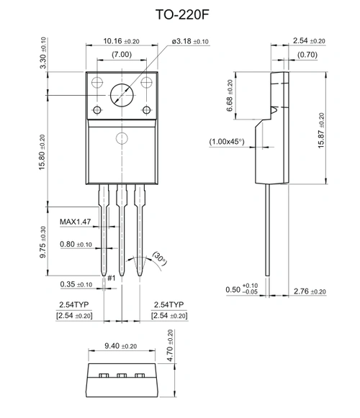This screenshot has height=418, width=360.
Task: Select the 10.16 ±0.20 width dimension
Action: click(121, 41)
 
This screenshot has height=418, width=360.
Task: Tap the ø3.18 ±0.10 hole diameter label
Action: click(190, 41)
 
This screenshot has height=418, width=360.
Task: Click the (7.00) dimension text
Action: click(121, 55)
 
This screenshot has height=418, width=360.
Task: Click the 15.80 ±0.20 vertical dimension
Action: click(41, 158)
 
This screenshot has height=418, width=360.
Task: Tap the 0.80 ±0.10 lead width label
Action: click(76, 245)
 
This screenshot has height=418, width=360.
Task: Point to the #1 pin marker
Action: click(111, 278)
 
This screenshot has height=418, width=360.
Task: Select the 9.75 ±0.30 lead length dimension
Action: click(41, 241)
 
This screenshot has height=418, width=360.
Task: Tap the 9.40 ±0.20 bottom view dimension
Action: click(120, 346)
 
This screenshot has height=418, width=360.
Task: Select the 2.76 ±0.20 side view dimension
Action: click(310, 291)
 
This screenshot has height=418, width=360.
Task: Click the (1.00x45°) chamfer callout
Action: click(228, 142)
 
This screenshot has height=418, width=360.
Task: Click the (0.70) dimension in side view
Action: click(308, 55)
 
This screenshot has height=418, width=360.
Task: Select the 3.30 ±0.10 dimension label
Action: click(42, 52)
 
